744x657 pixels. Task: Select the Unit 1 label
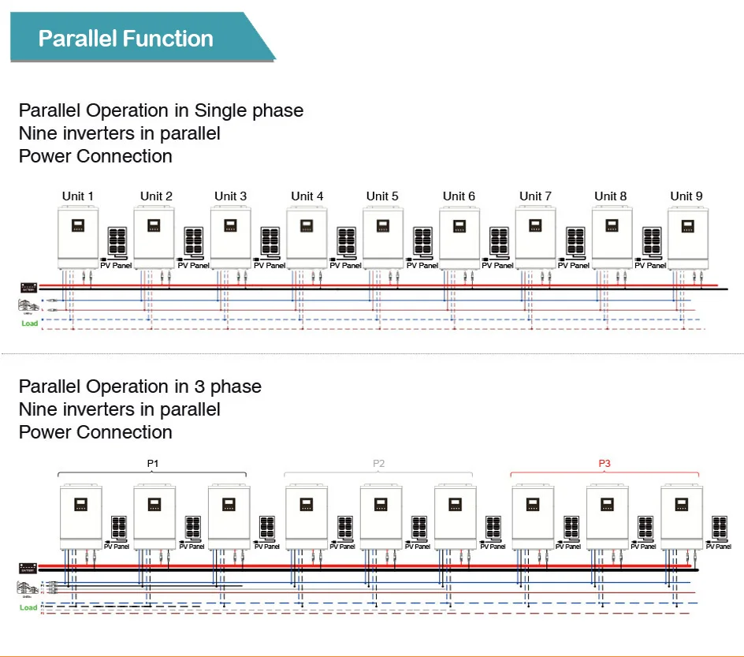click(x=78, y=196)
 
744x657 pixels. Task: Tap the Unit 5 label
click(x=382, y=196)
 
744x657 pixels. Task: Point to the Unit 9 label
click(x=686, y=196)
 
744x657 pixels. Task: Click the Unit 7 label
click(x=535, y=196)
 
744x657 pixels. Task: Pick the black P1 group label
click(x=153, y=463)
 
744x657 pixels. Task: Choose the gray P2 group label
click(x=378, y=463)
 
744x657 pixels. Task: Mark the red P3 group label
click(x=604, y=463)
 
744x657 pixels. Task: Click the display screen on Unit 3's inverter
click(x=230, y=225)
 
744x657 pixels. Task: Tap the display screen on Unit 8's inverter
click(x=611, y=225)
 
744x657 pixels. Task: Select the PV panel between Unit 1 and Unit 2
click(x=117, y=241)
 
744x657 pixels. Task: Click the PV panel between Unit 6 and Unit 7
click(x=499, y=241)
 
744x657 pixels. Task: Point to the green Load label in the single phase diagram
click(x=29, y=323)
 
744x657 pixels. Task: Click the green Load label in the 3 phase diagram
click(x=28, y=607)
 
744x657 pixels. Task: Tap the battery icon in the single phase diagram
click(x=28, y=287)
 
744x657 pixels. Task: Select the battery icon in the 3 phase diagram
click(x=29, y=568)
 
